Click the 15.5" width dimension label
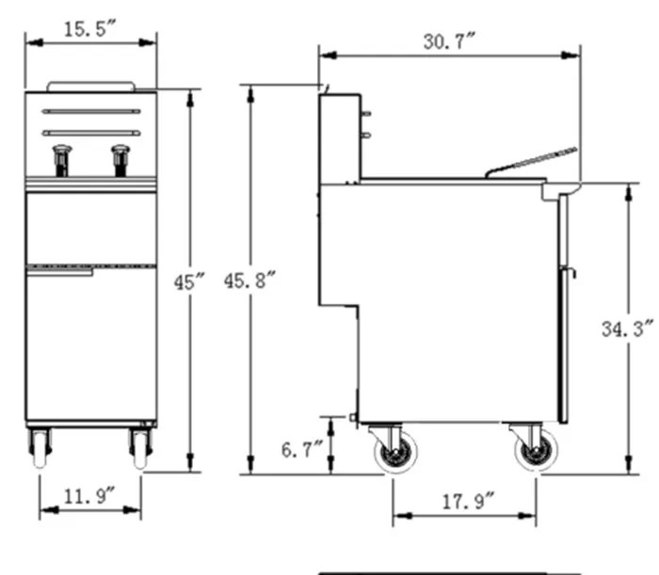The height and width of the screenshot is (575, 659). coord(89,29)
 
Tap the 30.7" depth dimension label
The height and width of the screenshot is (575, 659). coord(449,41)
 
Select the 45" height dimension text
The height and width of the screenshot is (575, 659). coord(189,281)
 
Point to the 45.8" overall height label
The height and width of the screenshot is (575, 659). coord(249,280)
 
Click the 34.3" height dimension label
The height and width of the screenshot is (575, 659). coord(628,328)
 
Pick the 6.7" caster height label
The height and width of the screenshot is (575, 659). coord(302,450)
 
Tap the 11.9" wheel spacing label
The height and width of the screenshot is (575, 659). coord(89,496)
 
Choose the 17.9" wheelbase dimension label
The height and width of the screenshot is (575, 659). coord(469,502)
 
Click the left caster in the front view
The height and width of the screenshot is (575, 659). coord(40,448)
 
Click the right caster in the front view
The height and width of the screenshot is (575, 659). coord(140,448)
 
